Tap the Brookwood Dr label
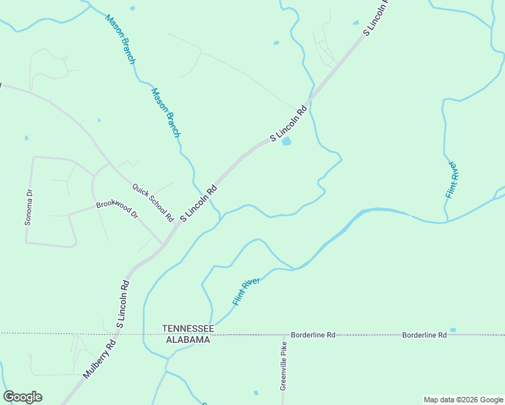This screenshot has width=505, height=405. pyautogui.click(x=116, y=209)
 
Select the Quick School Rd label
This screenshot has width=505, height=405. pyautogui.click(x=153, y=203)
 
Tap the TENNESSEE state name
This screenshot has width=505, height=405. pyautogui.click(x=188, y=329)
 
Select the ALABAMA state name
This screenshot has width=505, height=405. pyautogui.click(x=188, y=340)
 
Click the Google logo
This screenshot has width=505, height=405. pyautogui.click(x=22, y=397)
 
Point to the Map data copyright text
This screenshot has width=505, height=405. pyautogui.click(x=463, y=400)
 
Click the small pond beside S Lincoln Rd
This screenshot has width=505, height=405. pyautogui.click(x=286, y=141)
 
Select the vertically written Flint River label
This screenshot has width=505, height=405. pyautogui.click(x=452, y=179)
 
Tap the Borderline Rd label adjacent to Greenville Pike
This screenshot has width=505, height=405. pyautogui.click(x=313, y=335)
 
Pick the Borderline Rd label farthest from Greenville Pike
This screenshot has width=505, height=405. pyautogui.click(x=424, y=335)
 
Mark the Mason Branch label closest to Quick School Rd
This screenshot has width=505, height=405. pyautogui.click(x=166, y=113)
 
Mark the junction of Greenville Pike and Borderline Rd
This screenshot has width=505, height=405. pyautogui.click(x=284, y=335)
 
